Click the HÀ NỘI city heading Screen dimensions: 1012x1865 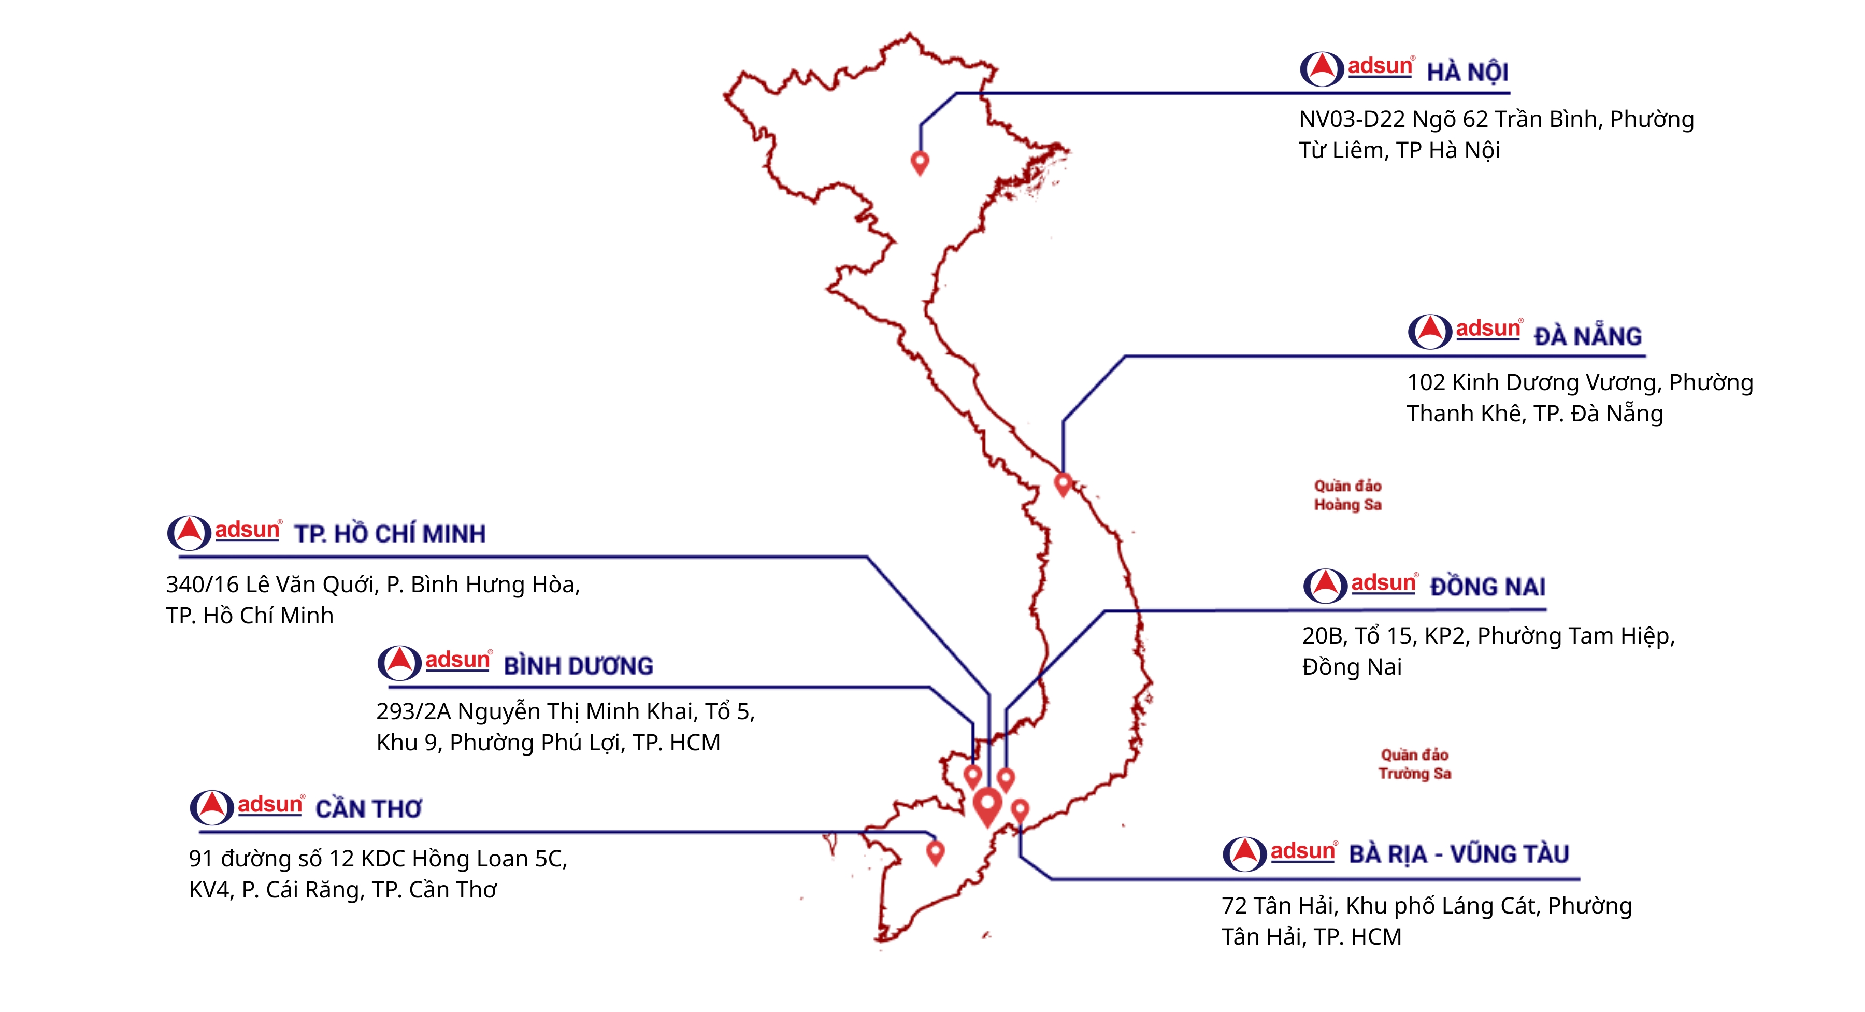(1467, 73)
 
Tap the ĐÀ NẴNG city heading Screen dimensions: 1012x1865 (1587, 336)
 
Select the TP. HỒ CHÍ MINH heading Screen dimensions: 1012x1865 (390, 534)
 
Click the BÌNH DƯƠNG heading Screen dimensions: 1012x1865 (578, 666)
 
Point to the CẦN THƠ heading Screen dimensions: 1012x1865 (368, 808)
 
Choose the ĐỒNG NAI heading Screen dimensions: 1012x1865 (1487, 586)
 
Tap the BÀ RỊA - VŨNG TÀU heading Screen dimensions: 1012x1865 (1458, 854)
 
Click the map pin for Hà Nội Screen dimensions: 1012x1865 (920, 162)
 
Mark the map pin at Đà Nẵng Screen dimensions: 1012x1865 (1062, 483)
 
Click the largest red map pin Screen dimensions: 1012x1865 (987, 806)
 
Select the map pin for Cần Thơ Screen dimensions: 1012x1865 (936, 851)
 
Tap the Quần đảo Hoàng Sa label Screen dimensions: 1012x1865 (1347, 495)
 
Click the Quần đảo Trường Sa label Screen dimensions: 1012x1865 (1414, 763)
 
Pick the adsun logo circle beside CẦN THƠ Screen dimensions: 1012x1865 (211, 807)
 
